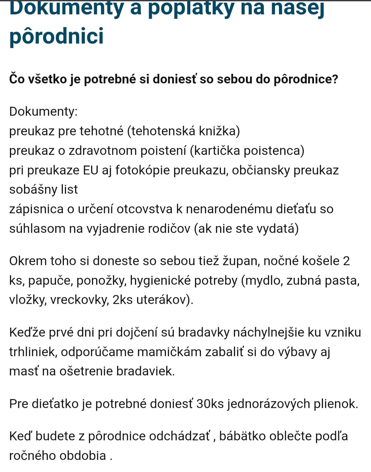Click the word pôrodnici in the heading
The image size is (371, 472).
pyautogui.click(x=56, y=36)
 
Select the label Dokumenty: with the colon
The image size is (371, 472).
pyautogui.click(x=43, y=111)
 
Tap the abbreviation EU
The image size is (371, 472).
pyautogui.click(x=91, y=170)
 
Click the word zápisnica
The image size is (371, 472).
pyautogui.click(x=36, y=209)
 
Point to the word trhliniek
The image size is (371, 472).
pyautogui.click(x=32, y=352)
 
